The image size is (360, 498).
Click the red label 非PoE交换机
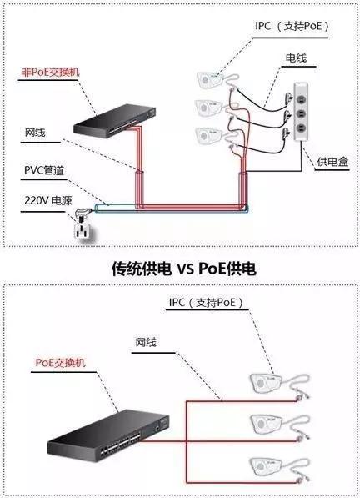coord(50,73)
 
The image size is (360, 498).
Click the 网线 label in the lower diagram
coord(145,343)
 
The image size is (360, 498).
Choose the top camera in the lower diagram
coord(270,385)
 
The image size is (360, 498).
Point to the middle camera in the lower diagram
coord(271,422)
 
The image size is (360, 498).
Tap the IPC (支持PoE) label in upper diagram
coord(292,26)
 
